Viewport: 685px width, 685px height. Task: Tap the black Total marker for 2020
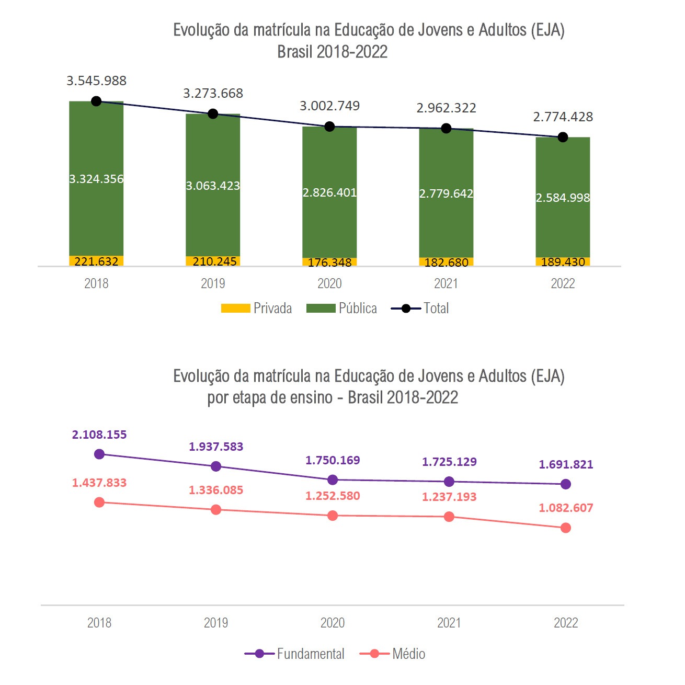[x=329, y=127]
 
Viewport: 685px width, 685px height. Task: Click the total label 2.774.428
[x=563, y=117]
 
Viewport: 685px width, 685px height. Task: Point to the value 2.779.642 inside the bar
[x=446, y=193]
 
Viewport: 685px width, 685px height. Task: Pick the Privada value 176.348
[x=329, y=262]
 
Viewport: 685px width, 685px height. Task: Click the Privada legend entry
[x=256, y=309]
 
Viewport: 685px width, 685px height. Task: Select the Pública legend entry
[x=341, y=309]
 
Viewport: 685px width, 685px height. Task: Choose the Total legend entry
[x=420, y=309]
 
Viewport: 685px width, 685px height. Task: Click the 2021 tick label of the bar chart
[x=446, y=283]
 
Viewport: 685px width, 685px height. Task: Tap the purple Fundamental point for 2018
[x=99, y=454]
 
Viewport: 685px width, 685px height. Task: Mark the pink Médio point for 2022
[x=565, y=528]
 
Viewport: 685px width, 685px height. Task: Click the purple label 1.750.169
[x=333, y=461]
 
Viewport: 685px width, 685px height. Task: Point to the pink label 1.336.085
[x=216, y=490]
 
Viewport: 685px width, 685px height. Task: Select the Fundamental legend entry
[x=294, y=654]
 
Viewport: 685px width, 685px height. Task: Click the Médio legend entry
[x=393, y=654]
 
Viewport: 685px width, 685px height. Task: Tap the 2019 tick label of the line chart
[x=216, y=623]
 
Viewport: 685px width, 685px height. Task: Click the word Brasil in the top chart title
[x=295, y=52]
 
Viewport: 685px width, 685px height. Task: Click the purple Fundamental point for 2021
[x=449, y=482]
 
